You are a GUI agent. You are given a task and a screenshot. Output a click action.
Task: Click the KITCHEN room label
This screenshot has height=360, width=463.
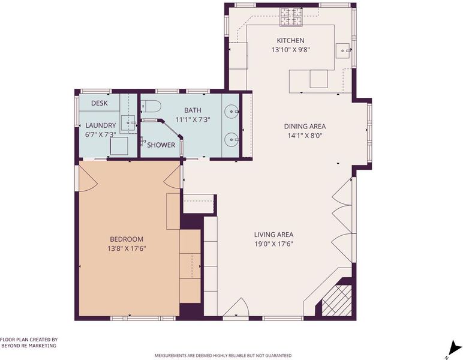click(290, 40)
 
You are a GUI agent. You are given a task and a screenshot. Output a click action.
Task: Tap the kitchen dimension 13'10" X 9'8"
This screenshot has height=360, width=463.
click(290, 50)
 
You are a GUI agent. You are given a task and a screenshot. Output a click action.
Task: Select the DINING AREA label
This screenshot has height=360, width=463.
click(305, 127)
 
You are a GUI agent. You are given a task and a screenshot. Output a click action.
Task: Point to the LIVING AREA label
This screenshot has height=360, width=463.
click(273, 235)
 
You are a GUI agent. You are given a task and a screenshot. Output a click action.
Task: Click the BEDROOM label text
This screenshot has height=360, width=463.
click(127, 239)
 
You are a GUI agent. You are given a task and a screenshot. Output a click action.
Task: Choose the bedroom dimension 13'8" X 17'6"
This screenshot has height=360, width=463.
click(127, 248)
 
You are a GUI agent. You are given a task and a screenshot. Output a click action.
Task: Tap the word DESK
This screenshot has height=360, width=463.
click(99, 103)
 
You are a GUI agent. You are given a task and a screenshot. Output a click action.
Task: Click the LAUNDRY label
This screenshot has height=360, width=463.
click(101, 125)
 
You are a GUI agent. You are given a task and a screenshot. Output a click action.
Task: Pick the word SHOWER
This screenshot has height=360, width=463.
click(161, 145)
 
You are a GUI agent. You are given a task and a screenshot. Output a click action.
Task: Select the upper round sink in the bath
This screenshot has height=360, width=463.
click(231, 112)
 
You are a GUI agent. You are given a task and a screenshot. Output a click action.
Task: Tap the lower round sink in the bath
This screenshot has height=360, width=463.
click(231, 139)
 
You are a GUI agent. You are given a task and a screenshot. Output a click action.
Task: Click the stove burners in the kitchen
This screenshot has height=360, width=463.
click(291, 17)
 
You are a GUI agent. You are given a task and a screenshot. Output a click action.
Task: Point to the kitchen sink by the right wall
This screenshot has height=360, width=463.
click(344, 51)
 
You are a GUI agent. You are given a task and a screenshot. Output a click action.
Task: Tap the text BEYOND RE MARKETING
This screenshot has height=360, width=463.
click(29, 346)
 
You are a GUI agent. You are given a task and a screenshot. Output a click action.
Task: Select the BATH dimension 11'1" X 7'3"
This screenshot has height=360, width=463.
click(193, 119)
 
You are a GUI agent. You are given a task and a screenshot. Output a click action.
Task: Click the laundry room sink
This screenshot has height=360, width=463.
click(128, 123)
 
